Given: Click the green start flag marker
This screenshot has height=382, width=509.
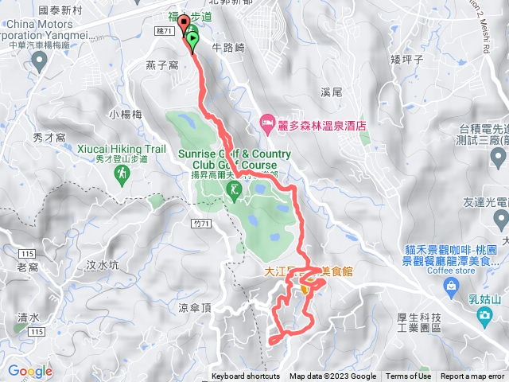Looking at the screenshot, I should tap(193, 37).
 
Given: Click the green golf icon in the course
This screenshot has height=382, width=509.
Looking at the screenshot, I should tap(234, 190).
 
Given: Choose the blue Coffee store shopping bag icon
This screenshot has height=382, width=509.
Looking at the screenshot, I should tap(452, 285).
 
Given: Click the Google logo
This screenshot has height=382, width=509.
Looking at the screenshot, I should tap(30, 371).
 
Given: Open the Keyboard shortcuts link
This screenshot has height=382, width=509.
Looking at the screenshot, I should tap(246, 376).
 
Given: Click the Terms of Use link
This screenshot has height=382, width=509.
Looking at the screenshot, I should tap(408, 376).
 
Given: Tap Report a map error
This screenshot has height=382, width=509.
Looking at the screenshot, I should tap(474, 376).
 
